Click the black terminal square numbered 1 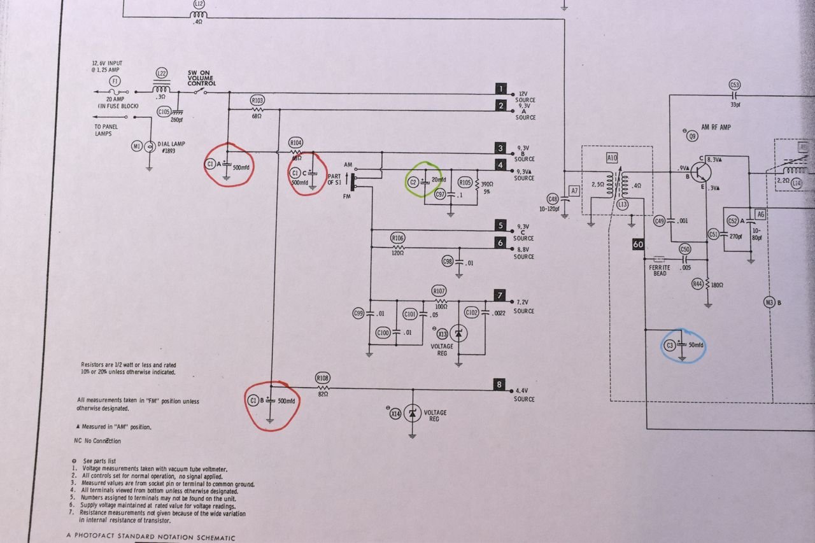point(502,88)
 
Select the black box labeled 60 point(639,244)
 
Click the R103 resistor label point(258,101)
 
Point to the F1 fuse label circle point(115,81)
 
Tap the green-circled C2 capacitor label point(413,182)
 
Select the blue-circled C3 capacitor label point(669,346)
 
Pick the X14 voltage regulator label point(396,414)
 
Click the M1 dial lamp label point(136,147)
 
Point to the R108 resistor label point(322,378)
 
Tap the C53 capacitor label point(735,85)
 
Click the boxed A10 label point(612,157)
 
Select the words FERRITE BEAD point(660,271)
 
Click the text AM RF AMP point(716,127)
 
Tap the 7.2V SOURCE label point(523,307)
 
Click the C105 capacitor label point(164,112)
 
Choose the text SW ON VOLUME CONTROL point(201,78)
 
